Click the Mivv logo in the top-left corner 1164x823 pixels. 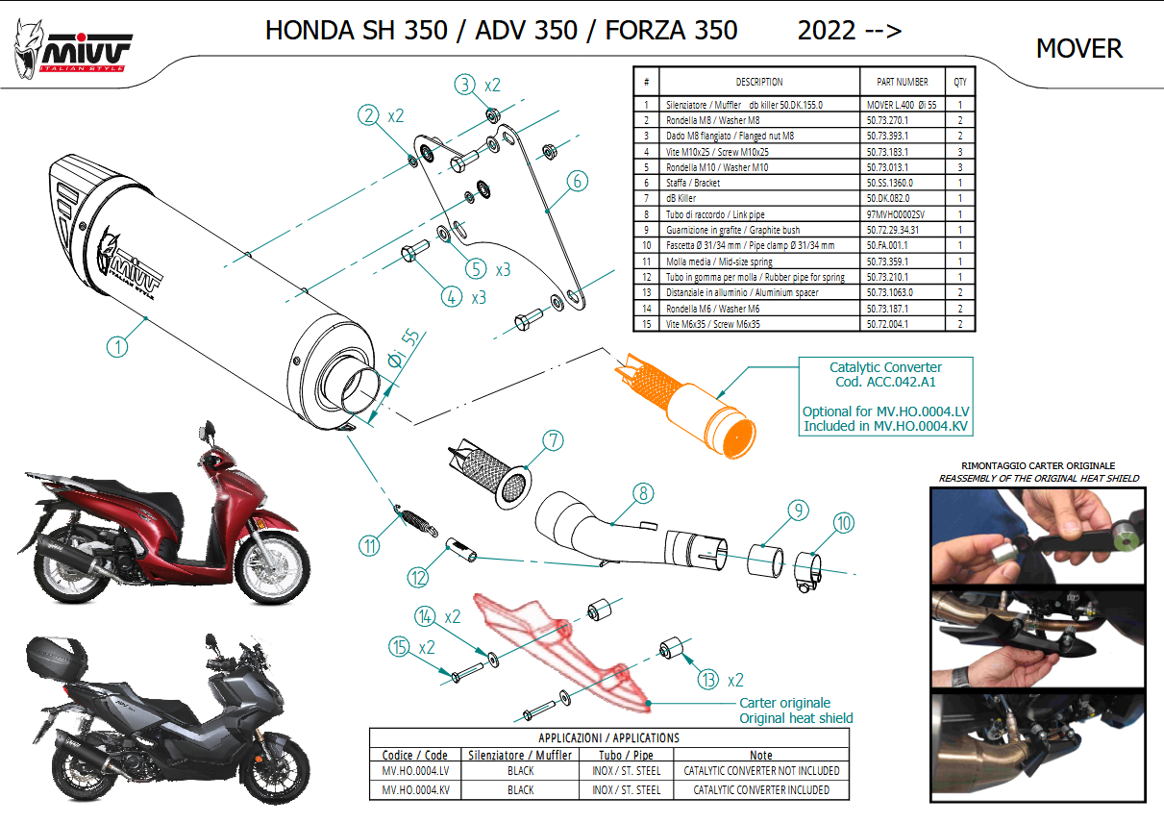(72, 49)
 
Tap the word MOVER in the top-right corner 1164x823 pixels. (1079, 48)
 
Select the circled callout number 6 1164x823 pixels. (578, 181)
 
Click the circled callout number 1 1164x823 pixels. (117, 347)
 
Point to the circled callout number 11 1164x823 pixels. (369, 546)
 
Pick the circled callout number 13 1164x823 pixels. (708, 680)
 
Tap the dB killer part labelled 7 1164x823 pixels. (489, 474)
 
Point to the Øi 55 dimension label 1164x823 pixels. (404, 348)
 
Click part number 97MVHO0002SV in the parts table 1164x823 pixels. (895, 214)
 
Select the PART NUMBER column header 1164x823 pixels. (903, 82)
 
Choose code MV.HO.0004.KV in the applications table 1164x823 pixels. (415, 789)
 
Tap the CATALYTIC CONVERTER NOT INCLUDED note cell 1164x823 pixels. (761, 770)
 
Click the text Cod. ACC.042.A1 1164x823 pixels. (885, 382)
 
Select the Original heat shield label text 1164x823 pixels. (796, 718)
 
